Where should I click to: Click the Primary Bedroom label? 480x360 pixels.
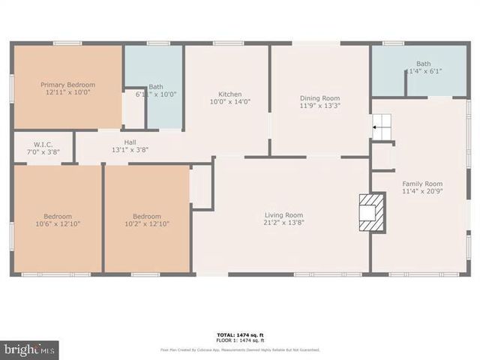coord(68,85)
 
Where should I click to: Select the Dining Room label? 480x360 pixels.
coord(319,98)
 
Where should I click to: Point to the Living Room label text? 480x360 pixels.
coord(283,214)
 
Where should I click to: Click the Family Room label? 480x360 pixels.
coord(422,183)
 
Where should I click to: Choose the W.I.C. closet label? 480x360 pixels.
coord(43,144)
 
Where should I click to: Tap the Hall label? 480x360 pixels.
coord(130,141)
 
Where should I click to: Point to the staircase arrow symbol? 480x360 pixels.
coord(376,127)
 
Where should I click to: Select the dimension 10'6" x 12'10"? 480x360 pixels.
coord(58,223)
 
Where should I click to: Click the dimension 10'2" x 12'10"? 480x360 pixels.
coord(147,223)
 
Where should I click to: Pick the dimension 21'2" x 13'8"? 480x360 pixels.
coord(283,223)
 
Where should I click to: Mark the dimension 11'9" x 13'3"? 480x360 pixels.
coord(319,106)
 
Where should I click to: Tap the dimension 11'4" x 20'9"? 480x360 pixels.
coord(422,191)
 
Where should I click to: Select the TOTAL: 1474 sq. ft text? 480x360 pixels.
coord(240,334)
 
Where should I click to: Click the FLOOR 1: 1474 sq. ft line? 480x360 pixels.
coord(240,340)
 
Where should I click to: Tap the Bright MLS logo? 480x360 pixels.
coord(30,350)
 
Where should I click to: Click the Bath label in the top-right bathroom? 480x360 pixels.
coord(423,64)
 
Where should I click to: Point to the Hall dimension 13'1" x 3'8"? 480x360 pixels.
coord(130,149)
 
